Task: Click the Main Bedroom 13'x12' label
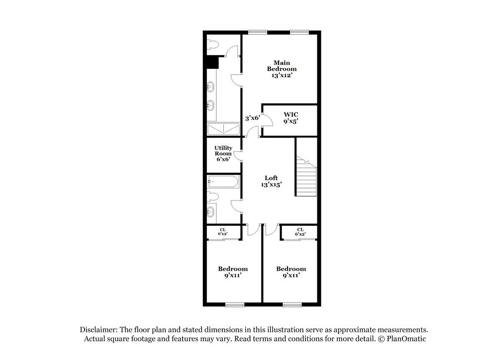click(x=281, y=69)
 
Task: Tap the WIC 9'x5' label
click(x=291, y=117)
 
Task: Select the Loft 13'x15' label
click(x=271, y=181)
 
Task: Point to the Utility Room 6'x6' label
click(x=223, y=154)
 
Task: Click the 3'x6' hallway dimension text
click(x=252, y=118)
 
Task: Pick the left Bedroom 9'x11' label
click(x=233, y=272)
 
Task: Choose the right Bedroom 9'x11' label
click(x=291, y=272)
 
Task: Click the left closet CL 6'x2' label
click(x=223, y=232)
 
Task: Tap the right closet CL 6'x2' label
click(x=300, y=232)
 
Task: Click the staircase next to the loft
click(x=306, y=176)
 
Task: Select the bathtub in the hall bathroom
click(x=223, y=182)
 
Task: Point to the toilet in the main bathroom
click(x=212, y=45)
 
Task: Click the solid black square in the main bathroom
click(x=212, y=62)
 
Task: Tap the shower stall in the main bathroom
click(x=223, y=129)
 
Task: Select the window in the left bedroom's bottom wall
click(x=235, y=305)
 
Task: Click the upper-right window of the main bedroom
click(x=299, y=33)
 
